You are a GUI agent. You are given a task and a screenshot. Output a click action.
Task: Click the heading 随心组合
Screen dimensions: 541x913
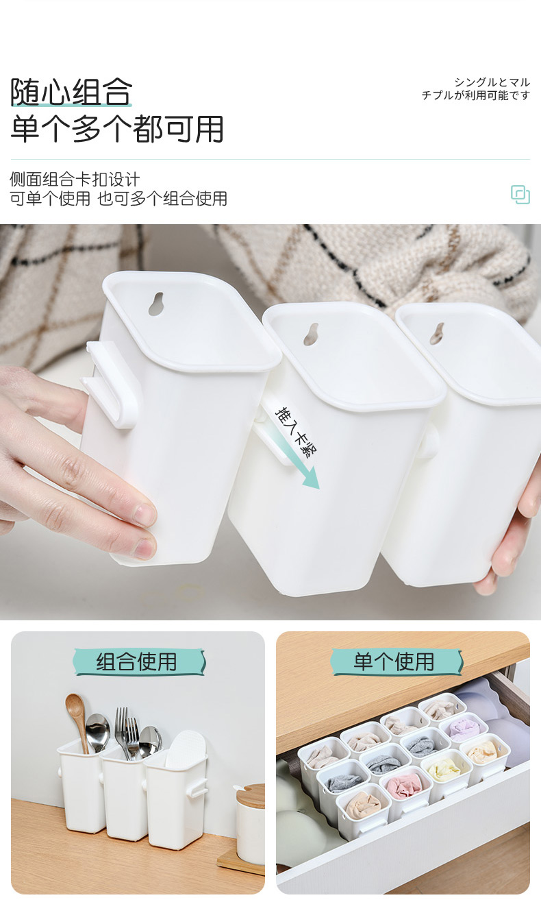point(71,92)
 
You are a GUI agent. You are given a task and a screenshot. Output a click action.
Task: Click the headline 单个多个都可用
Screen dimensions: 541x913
point(117,129)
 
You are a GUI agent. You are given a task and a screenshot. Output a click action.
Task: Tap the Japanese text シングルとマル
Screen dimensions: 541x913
point(492,82)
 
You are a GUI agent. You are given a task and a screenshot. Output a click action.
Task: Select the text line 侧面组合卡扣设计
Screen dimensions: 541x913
point(75,180)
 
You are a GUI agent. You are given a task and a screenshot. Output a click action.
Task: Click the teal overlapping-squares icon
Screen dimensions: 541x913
point(520,195)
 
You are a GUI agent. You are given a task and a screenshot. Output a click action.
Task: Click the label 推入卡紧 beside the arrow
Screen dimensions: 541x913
point(296,432)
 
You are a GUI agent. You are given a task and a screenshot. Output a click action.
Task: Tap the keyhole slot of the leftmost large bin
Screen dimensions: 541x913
point(155,303)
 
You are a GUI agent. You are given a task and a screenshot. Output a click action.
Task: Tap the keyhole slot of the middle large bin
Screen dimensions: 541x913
point(311,334)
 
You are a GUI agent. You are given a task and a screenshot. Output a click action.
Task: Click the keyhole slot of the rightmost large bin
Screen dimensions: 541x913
point(437,333)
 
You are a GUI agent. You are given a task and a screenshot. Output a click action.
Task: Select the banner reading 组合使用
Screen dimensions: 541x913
point(138,662)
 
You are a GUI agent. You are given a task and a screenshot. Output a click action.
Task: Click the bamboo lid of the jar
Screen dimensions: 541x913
point(250,795)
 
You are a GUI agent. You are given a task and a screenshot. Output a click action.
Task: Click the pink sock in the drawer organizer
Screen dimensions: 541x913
point(404,785)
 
